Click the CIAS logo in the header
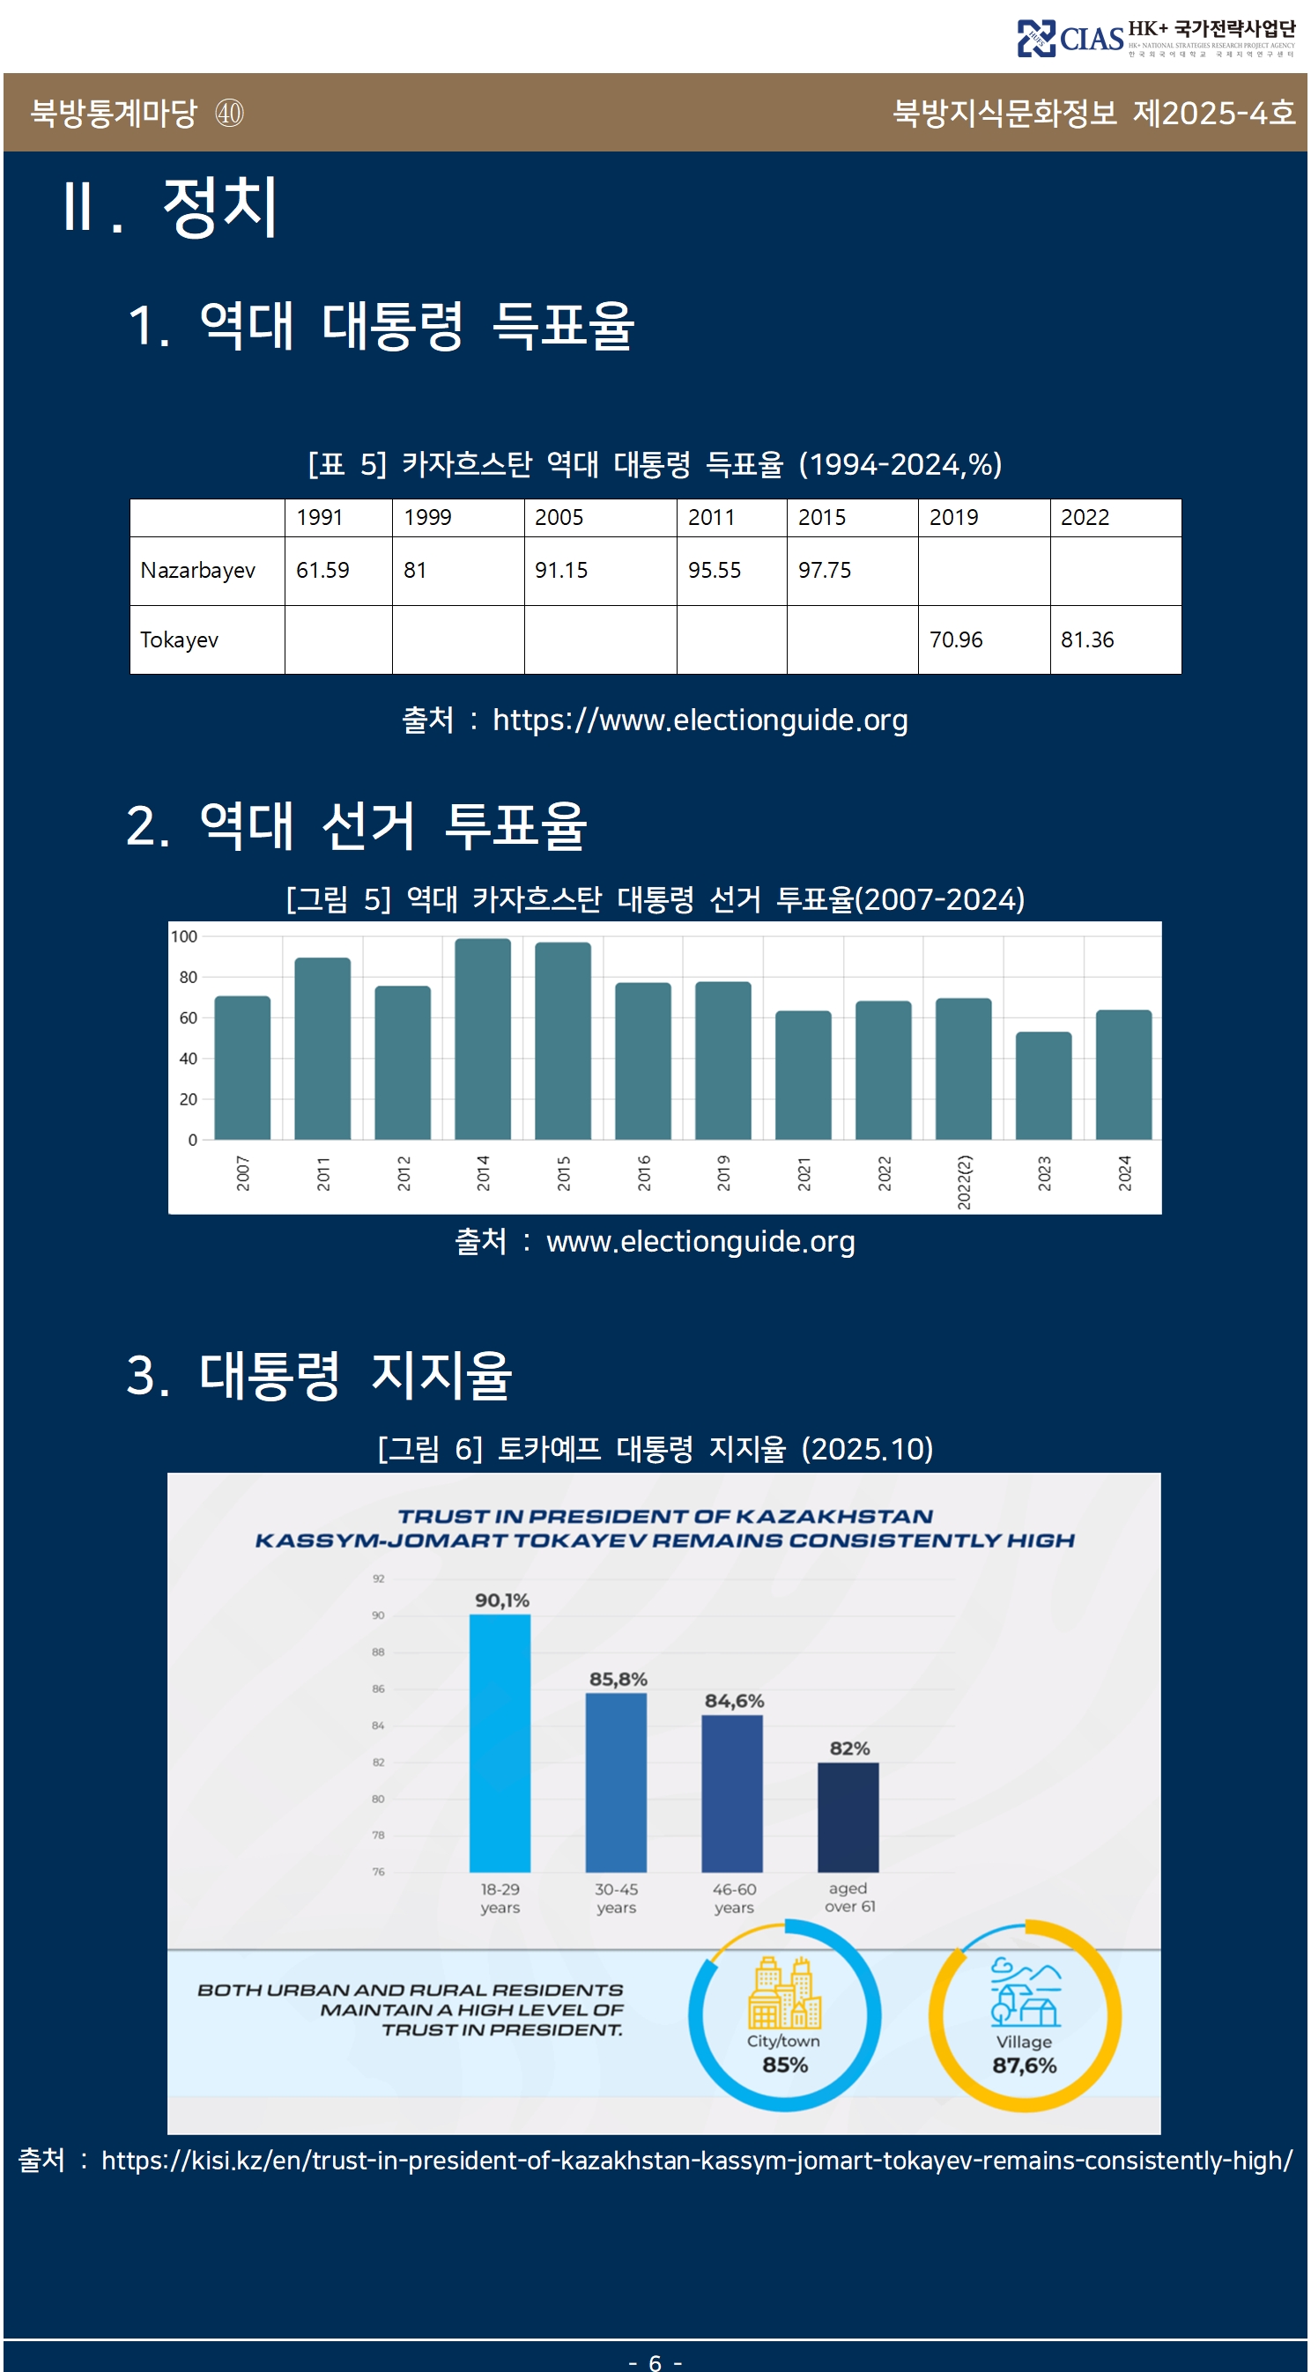1070,39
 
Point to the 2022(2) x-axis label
964,1181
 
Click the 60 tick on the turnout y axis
188,1017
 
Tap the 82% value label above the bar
849,1748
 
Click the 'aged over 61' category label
849,1897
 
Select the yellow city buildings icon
784,1993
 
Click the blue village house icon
1025,1993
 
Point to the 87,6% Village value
1024,2065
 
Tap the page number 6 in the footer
655,2362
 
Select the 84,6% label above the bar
734,1701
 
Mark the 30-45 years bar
616,1782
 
